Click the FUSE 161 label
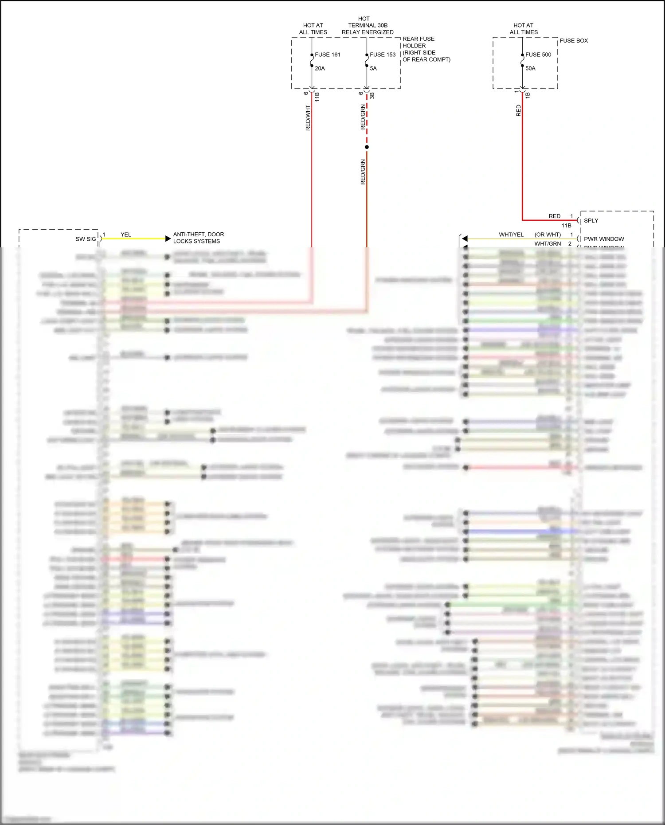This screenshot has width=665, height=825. tap(328, 55)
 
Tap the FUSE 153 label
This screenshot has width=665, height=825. tap(383, 55)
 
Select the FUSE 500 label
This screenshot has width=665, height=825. tap(538, 55)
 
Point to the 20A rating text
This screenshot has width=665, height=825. tap(320, 68)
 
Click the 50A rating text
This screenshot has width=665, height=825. tap(530, 68)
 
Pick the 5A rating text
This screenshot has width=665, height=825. tap(373, 68)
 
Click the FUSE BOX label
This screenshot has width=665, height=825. tap(574, 40)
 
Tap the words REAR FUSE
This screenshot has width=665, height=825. tap(418, 39)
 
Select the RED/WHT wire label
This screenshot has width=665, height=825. tap(308, 117)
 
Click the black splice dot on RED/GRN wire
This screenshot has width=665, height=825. tap(367, 147)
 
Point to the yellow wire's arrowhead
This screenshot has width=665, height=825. tap(168, 239)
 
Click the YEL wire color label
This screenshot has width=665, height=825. tap(126, 235)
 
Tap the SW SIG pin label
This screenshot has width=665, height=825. tap(86, 239)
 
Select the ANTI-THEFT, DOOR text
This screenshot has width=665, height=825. tap(199, 234)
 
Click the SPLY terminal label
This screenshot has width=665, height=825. tap(591, 220)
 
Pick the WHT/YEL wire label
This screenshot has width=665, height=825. tap(511, 235)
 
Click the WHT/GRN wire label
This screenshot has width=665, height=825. tap(548, 243)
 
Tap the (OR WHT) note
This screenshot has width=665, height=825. tap(548, 235)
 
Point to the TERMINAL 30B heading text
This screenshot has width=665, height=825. tap(368, 25)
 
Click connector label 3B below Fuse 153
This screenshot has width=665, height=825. tap(372, 95)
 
